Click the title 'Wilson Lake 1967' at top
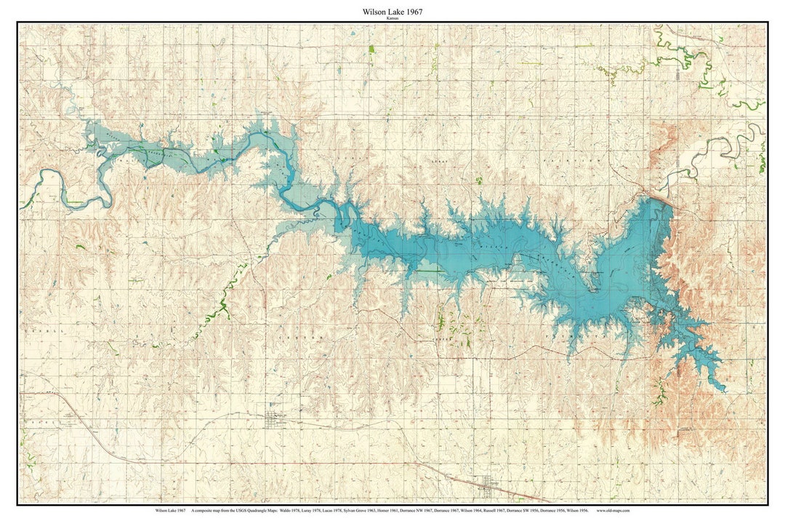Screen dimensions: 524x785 click(x=392, y=12)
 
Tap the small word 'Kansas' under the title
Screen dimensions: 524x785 click(x=392, y=18)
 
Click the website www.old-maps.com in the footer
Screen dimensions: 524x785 click(x=612, y=511)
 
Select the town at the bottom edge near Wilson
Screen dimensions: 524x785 click(x=487, y=482)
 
